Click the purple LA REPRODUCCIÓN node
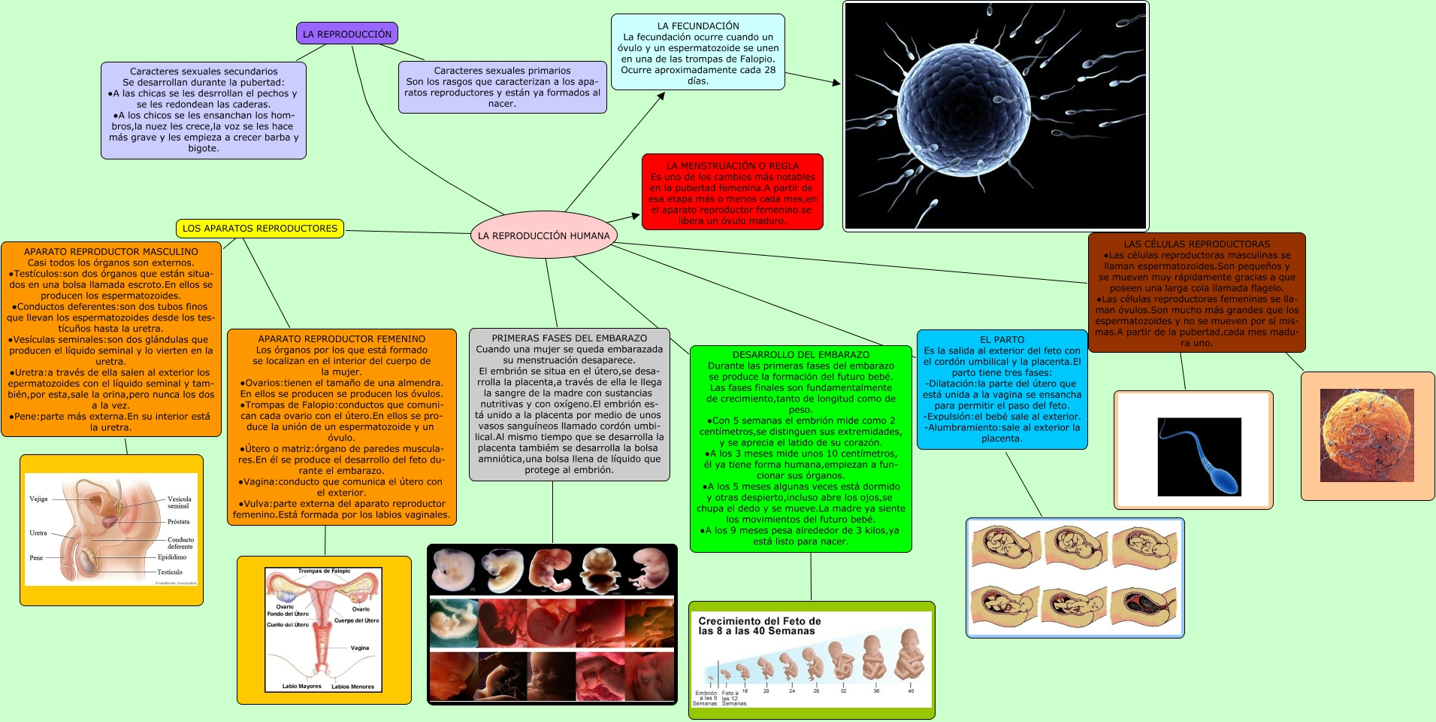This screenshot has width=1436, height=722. tap(346, 34)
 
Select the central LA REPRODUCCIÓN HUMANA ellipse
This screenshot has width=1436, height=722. tap(543, 235)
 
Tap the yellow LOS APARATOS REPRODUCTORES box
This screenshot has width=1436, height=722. tap(260, 229)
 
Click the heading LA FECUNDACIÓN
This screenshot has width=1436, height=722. tap(698, 26)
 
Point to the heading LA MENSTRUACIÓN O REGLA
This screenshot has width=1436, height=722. tap(733, 165)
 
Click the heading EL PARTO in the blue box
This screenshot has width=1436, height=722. tap(1002, 339)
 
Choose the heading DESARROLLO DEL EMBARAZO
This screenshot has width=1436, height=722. tap(800, 354)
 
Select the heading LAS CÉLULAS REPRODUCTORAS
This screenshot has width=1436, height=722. tap(1196, 244)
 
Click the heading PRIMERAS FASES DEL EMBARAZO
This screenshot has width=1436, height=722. tap(569, 338)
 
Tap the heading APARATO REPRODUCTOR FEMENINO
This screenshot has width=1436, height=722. tap(341, 339)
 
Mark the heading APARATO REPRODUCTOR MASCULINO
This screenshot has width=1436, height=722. tap(111, 251)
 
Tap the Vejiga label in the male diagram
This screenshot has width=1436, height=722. tap(38, 499)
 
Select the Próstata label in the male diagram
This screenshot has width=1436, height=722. tap(178, 521)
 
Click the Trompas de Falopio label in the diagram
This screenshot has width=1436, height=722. tap(324, 571)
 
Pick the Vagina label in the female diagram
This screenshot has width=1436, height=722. tap(360, 648)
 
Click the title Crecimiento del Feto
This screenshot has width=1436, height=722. tap(759, 626)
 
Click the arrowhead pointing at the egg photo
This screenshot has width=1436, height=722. tap(836, 83)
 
